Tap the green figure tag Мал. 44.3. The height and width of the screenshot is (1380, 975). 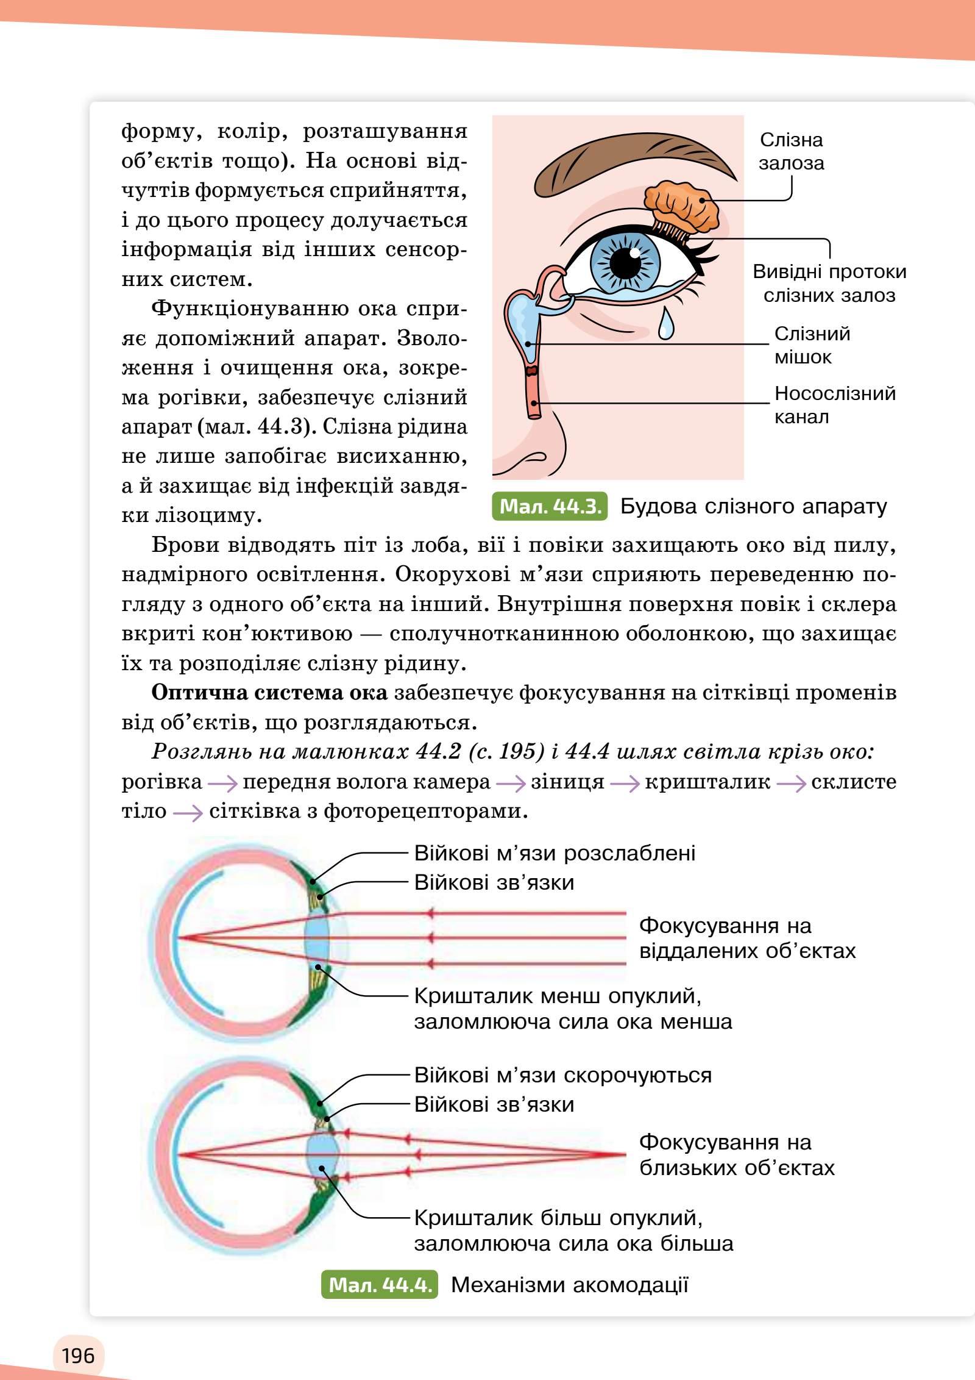coord(549,507)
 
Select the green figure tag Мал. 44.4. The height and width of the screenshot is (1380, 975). coord(379,1285)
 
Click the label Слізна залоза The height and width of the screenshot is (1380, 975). coord(791,151)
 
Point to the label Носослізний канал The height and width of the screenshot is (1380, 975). coord(834,405)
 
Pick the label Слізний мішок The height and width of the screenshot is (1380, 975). coord(812,345)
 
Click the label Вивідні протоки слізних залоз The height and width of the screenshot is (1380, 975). coord(829,284)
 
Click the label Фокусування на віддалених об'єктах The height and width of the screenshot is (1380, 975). coord(746,938)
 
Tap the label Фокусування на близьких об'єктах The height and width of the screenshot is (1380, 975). coord(736,1155)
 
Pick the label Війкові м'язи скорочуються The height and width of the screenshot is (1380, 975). coord(562,1074)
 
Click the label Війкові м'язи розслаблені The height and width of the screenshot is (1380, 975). coord(555,853)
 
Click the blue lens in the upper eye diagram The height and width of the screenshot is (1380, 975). coord(318,937)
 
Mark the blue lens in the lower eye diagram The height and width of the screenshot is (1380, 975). coord(323,1154)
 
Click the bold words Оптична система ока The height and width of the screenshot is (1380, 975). coord(269,693)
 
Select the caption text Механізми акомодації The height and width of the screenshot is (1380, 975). coord(569,1285)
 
